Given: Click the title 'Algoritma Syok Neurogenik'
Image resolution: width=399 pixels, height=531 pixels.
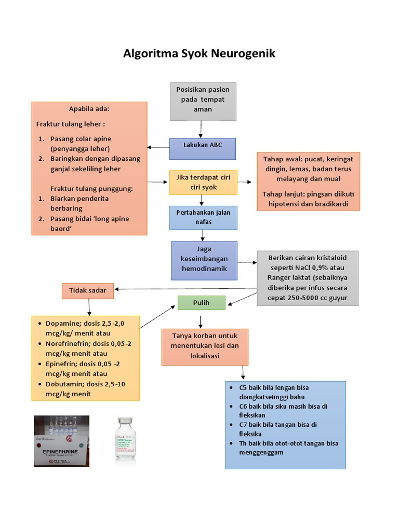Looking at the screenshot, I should [199, 53].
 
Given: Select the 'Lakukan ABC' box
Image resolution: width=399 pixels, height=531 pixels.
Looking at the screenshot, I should [203, 149].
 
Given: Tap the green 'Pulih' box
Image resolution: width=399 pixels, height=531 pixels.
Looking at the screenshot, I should [201, 303].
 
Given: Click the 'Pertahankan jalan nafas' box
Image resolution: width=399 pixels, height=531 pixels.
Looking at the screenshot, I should [203, 217].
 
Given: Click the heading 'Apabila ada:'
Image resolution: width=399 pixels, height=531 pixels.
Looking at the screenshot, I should [89, 109].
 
